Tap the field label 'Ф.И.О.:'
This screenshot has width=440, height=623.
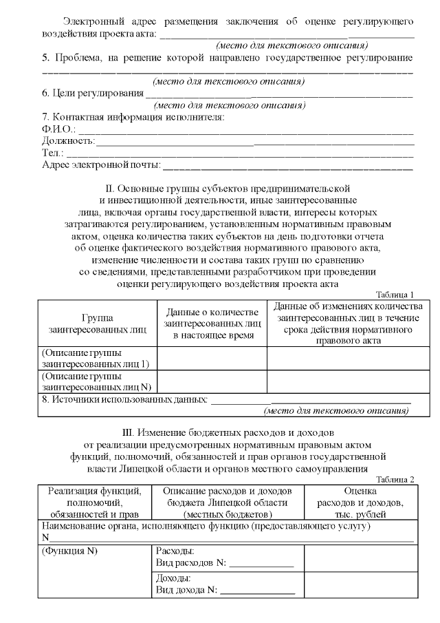[x=58, y=129]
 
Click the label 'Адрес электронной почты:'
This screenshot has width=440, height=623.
[x=101, y=165]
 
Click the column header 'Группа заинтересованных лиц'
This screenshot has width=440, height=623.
[x=98, y=324]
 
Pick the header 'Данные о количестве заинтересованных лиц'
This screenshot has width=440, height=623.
[x=212, y=324]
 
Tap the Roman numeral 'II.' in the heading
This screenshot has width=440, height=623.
[x=109, y=187]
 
